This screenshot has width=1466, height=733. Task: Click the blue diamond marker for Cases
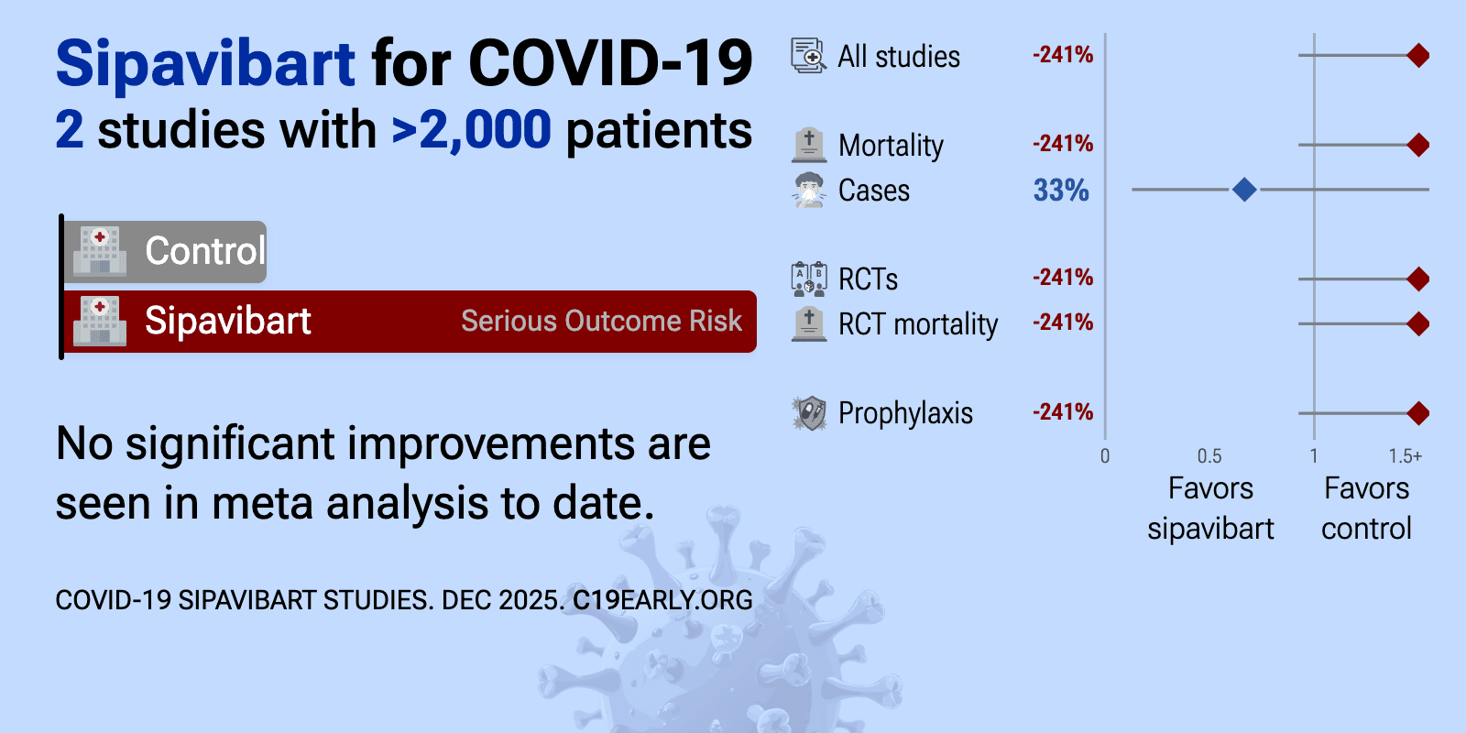click(1244, 190)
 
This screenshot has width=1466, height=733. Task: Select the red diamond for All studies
click(1418, 56)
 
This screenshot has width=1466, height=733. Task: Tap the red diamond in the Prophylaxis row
click(1418, 413)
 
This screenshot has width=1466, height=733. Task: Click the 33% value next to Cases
click(1061, 191)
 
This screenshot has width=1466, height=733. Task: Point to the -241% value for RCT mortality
click(1063, 323)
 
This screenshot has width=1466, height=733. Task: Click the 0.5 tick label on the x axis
click(1209, 456)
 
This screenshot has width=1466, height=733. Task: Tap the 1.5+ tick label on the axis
click(1405, 456)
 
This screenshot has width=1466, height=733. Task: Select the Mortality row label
click(891, 146)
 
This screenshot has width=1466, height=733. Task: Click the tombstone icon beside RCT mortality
click(809, 323)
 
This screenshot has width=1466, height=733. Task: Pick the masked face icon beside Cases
click(809, 190)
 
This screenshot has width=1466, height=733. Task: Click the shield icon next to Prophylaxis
click(809, 413)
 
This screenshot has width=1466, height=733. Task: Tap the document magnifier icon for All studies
click(809, 56)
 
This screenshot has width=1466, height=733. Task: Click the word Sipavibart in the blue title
click(205, 64)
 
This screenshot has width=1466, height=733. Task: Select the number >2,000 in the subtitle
click(472, 130)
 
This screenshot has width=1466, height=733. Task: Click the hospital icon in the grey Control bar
click(100, 251)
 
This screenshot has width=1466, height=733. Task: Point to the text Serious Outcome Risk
click(601, 322)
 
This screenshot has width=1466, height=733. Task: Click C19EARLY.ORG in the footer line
click(662, 600)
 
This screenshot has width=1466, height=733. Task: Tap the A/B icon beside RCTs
click(809, 279)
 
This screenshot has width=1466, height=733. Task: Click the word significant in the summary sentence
click(230, 444)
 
